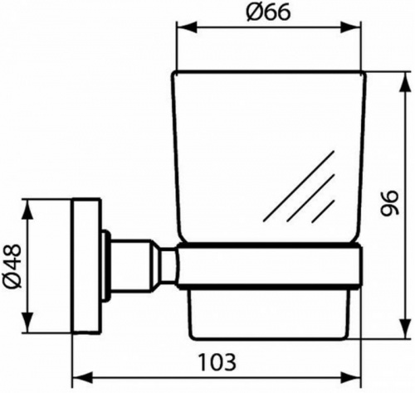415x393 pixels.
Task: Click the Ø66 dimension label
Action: tap(269, 15)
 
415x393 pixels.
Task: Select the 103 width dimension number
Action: tap(218, 361)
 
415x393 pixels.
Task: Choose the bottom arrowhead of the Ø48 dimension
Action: tap(32, 327)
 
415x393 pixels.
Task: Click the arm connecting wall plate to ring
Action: tap(141, 264)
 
